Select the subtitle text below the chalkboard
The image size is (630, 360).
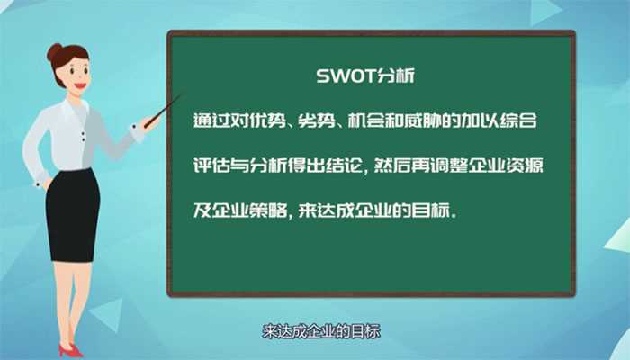(x=321, y=331)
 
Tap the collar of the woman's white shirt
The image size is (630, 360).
(x=72, y=106)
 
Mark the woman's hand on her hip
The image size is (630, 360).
(x=45, y=181)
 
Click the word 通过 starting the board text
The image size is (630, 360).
(x=211, y=122)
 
